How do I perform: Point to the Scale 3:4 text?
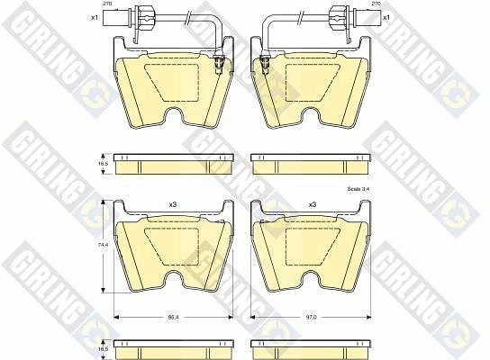(x=357, y=189)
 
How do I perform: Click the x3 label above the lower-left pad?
(x=173, y=205)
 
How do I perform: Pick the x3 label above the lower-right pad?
(x=313, y=205)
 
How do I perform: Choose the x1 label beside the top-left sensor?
(x=95, y=17)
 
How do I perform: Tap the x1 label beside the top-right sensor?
(x=386, y=17)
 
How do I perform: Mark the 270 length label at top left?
(x=108, y=4)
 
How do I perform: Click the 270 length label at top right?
(x=375, y=4)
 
